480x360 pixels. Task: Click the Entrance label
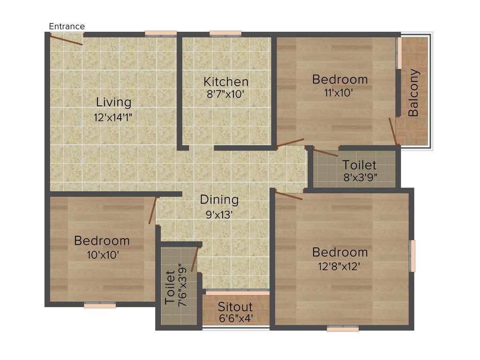(x=67, y=26)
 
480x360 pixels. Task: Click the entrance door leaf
(x=67, y=40)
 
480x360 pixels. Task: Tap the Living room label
(x=113, y=102)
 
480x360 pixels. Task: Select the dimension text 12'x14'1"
(x=113, y=117)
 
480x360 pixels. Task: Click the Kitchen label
(x=226, y=81)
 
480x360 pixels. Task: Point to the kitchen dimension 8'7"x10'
(x=226, y=94)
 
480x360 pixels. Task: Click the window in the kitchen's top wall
(x=225, y=34)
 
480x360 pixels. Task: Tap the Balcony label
(x=413, y=93)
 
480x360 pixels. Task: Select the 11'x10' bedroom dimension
(x=340, y=93)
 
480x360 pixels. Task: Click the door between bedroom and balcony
(x=393, y=131)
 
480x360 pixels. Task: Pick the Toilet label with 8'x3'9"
(x=359, y=165)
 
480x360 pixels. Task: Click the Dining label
(x=219, y=200)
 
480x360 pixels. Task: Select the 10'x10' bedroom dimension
(x=102, y=255)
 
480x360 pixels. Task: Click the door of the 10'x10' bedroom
(x=152, y=210)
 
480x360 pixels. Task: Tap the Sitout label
(x=235, y=307)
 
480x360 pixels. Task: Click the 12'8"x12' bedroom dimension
(x=340, y=267)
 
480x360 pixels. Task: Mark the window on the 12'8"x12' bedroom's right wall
(x=412, y=256)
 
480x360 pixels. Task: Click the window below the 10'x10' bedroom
(x=100, y=306)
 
